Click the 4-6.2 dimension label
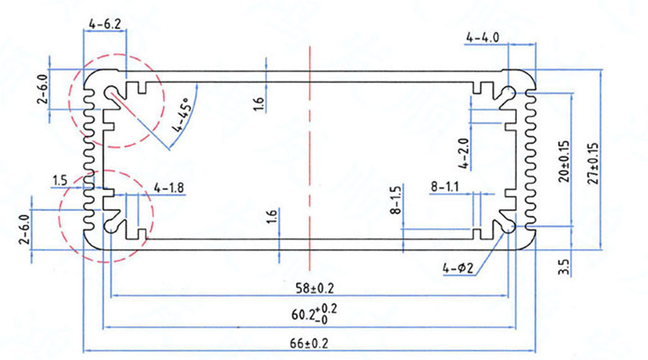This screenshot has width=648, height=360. (105, 24)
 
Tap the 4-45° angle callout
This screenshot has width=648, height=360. (181, 117)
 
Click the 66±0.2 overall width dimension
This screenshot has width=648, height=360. (311, 343)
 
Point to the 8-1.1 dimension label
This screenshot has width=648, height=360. (446, 187)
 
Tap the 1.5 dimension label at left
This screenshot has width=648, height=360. (60, 179)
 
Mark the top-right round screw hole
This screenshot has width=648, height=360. (509, 93)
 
